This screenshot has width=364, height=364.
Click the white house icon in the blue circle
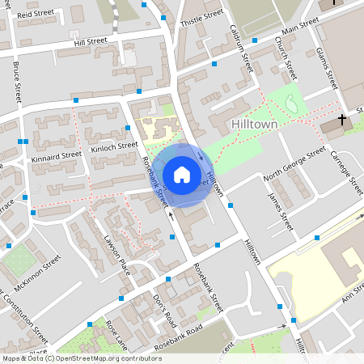pyautogui.click(x=181, y=174)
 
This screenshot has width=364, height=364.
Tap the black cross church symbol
pyautogui.click(x=342, y=120)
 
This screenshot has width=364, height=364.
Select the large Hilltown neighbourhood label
pyautogui.click(x=255, y=124)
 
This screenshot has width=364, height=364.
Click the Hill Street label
pyautogui.click(x=90, y=40)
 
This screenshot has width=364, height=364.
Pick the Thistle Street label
pyautogui.click(x=201, y=18)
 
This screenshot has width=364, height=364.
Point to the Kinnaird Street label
pyautogui.click(x=57, y=154)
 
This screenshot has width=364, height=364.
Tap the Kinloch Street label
pyautogui.click(x=114, y=146)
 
